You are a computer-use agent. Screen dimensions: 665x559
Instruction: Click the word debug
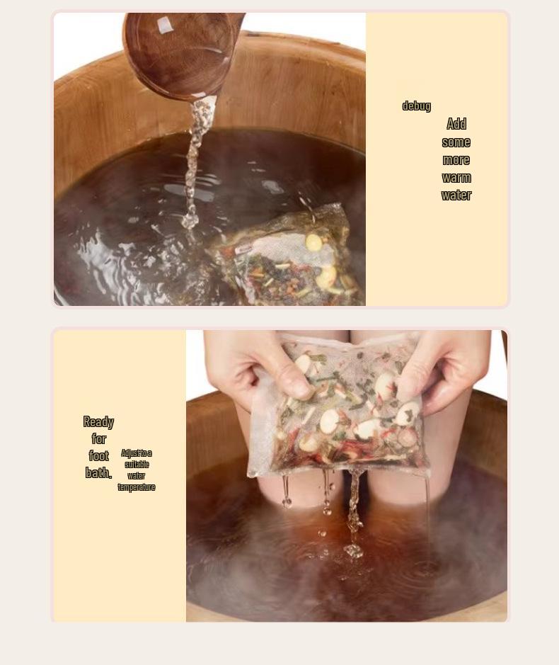point(416,106)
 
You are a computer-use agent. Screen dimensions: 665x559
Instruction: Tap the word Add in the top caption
point(456,125)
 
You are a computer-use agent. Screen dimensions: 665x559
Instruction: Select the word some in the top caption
point(456,142)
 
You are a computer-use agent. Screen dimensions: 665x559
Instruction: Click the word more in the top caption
point(456,160)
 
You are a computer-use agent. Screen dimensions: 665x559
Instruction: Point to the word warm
point(456,178)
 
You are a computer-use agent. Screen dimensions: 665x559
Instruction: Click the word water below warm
point(456,195)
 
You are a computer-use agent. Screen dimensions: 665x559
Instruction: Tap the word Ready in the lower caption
point(98,422)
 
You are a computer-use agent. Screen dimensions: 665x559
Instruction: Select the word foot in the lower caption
point(98,456)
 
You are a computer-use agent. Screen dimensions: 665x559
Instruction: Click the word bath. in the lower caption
point(98,473)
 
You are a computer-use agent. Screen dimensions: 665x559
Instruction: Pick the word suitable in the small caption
point(137,465)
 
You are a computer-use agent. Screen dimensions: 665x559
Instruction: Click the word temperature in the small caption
point(137,487)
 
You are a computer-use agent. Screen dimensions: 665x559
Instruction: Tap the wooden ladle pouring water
point(180,50)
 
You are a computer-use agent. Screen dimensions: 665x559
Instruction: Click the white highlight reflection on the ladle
point(164,25)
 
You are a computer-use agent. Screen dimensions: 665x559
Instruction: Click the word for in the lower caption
point(98,439)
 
